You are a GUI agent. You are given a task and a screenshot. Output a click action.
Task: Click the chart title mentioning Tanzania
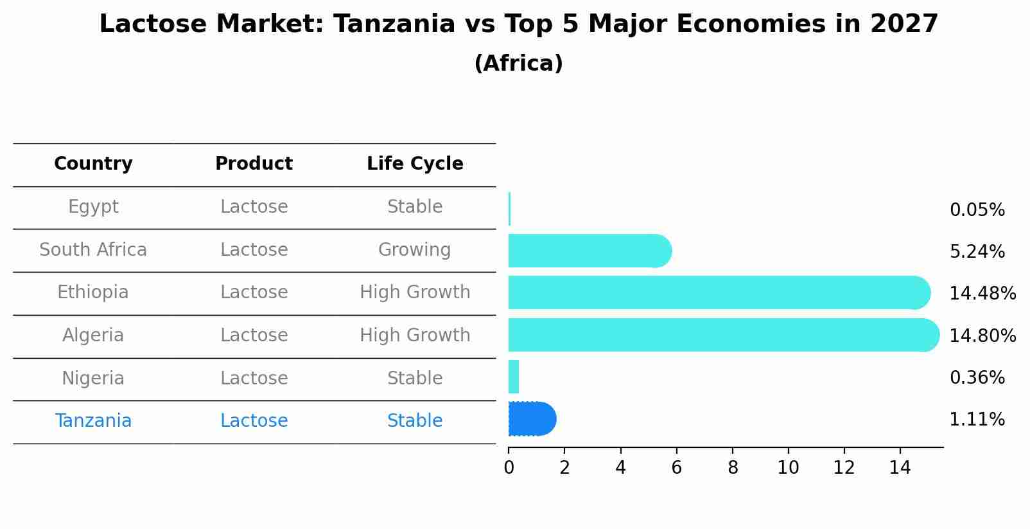pos(518,25)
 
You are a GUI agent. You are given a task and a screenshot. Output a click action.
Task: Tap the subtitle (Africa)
pos(518,64)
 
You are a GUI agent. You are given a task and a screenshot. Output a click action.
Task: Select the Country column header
pos(93,164)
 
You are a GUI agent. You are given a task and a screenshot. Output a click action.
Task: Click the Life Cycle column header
pos(415,164)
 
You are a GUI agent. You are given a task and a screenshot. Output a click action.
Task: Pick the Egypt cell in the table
pos(93,207)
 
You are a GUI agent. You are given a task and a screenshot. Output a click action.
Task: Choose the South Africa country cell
pos(93,250)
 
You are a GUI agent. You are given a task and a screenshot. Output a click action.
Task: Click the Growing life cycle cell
pos(415,250)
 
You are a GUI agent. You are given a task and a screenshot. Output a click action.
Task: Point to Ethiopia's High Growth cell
pos(415,292)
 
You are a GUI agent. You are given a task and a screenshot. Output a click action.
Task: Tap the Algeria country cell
pos(93,336)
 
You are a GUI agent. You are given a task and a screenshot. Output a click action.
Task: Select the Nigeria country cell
pos(93,379)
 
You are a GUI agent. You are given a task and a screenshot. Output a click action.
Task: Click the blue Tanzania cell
pos(93,421)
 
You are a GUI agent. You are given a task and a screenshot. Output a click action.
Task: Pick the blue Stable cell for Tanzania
pos(415,421)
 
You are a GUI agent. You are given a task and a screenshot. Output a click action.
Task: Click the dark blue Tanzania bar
pos(531,419)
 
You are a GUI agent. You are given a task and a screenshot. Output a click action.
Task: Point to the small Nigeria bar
pos(514,377)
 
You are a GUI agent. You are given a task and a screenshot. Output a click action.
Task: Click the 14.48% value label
pos(982,294)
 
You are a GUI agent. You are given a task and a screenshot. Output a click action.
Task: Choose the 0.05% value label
pos(977,210)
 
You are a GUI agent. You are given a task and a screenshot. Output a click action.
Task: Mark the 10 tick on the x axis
pos(788,468)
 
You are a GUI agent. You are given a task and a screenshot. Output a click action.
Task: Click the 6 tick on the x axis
pos(676,468)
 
